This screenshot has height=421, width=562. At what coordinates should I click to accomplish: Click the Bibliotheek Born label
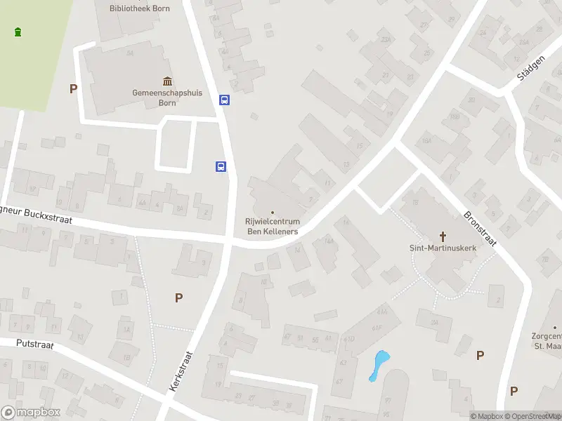click(136, 8)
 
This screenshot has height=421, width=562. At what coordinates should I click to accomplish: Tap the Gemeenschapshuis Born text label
click(154, 97)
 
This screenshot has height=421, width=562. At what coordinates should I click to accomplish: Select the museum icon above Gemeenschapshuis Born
click(167, 81)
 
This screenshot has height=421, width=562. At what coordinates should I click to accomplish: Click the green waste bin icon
click(18, 32)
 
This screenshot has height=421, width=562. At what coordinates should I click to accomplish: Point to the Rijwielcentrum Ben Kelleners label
click(272, 227)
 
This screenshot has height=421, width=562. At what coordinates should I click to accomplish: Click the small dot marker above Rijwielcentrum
click(273, 213)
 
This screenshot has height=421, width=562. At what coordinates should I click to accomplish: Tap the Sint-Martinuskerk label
click(443, 248)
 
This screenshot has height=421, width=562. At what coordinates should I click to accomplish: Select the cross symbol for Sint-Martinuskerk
click(443, 236)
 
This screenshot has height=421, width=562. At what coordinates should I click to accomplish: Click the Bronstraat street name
click(481, 229)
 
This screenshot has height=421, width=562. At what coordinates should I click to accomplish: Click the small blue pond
click(379, 363)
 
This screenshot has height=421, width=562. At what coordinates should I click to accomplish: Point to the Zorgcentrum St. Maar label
click(547, 341)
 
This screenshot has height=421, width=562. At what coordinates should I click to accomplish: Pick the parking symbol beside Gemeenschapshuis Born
click(72, 88)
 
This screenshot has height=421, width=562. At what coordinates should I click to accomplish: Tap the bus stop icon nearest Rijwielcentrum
click(221, 167)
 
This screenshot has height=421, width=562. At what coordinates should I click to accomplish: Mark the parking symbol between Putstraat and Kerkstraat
click(178, 298)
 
